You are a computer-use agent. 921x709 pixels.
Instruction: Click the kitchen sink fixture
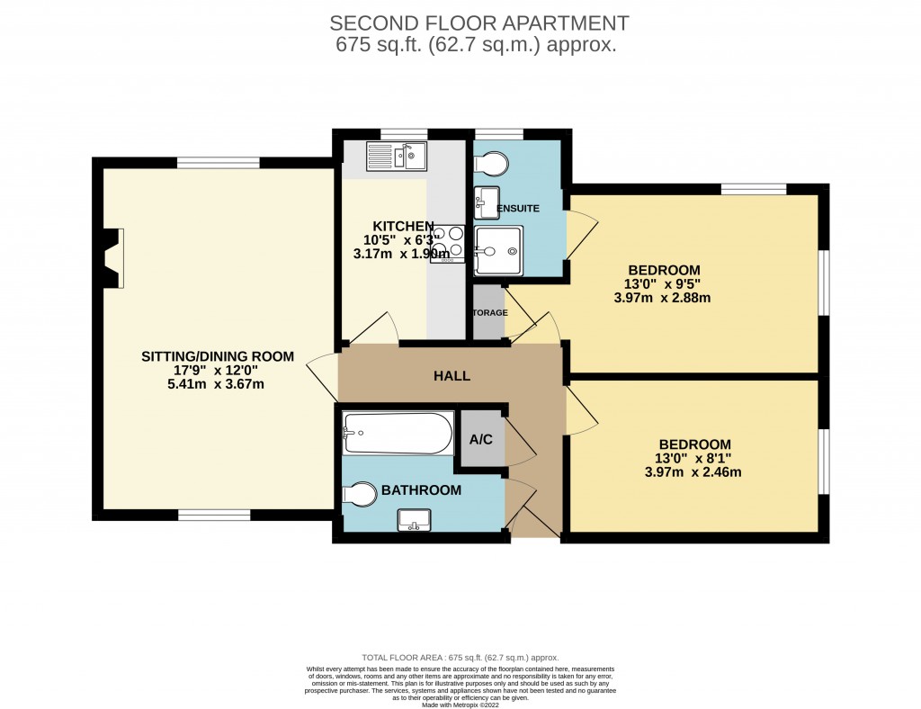[x=396, y=157]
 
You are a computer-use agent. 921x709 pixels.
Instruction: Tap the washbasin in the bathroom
[x=415, y=520]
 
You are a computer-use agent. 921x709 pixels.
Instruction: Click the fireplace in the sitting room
[x=112, y=258]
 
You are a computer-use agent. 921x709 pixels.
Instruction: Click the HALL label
[x=452, y=376]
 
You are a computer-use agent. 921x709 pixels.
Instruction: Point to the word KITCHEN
[x=404, y=226]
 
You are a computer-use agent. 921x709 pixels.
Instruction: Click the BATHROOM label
[x=421, y=490]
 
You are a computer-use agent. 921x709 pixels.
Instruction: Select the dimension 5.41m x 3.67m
[x=210, y=384]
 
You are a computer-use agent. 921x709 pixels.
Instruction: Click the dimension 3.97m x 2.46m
[x=693, y=471]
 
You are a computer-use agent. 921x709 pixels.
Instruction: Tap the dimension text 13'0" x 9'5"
[x=664, y=283]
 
